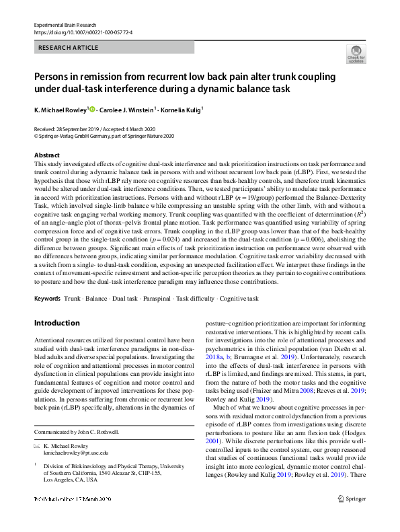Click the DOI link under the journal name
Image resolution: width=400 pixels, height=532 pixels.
click(x=83, y=32)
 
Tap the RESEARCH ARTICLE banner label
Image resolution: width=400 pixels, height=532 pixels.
click(x=69, y=48)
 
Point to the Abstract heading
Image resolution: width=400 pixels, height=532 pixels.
click(x=46, y=155)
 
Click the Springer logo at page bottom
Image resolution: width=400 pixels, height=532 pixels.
click(x=352, y=517)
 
